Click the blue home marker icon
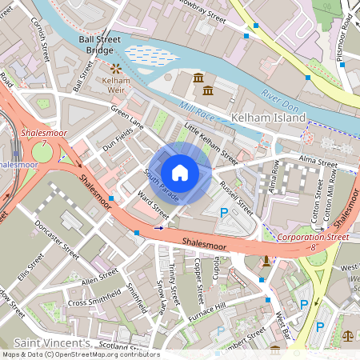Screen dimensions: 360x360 [180, 172]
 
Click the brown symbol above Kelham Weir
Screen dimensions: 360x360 [115, 70]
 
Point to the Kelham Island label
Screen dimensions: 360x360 [268, 118]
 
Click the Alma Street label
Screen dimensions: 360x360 [318, 161]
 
